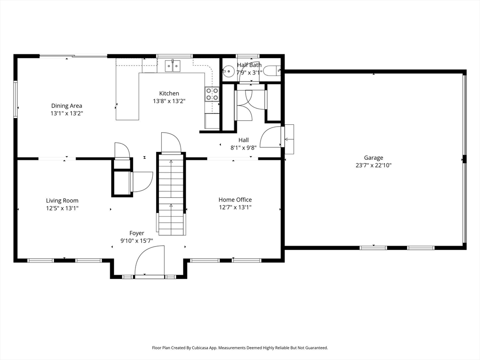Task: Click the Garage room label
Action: [373, 158]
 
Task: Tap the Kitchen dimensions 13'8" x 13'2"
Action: [169, 101]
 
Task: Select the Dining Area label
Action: [67, 106]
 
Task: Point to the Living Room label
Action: [62, 201]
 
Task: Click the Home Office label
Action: [235, 200]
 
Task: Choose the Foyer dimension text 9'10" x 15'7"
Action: [137, 240]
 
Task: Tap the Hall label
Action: [243, 140]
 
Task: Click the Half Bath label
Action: [249, 65]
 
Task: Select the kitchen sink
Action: [173, 66]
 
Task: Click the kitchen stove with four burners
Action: [212, 94]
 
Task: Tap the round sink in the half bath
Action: [228, 72]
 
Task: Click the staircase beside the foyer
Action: [171, 195]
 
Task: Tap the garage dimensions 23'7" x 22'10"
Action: [373, 165]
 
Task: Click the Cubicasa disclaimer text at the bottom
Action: [240, 348]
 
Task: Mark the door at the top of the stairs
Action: [171, 143]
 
